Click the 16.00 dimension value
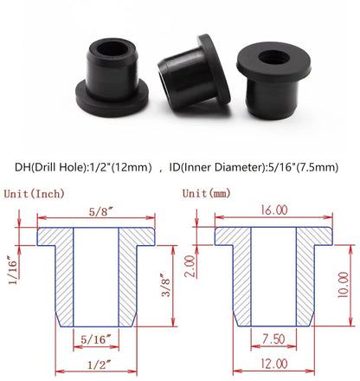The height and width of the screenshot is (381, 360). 273,208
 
